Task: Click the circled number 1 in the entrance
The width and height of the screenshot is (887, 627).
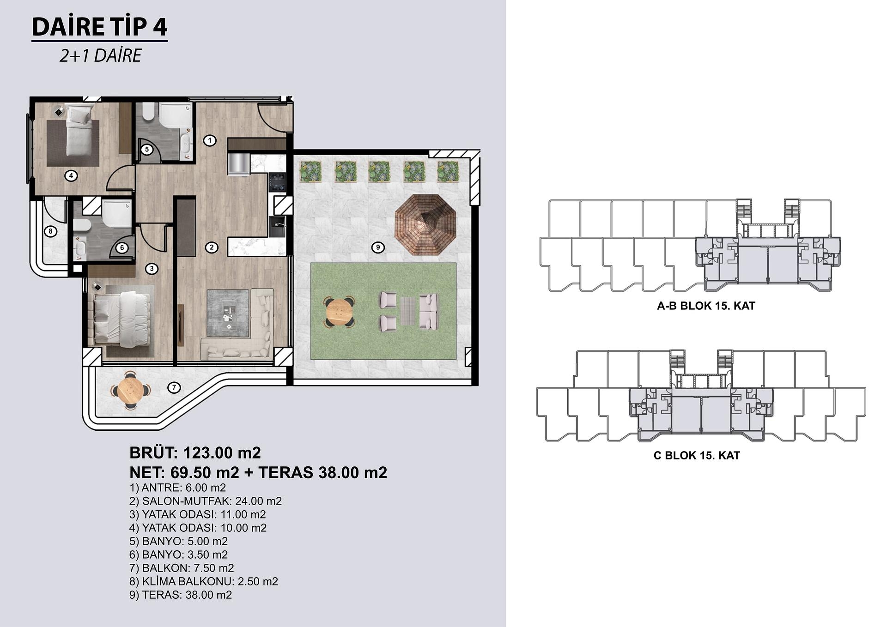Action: pos(210,140)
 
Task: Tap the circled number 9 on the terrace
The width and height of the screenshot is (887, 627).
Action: pos(378,247)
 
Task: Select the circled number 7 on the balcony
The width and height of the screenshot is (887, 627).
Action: pos(174,387)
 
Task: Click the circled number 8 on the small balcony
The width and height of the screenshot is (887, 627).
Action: pos(50,231)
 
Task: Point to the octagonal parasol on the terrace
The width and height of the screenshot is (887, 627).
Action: pos(425,225)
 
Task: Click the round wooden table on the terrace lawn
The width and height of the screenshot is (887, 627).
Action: pos(340,313)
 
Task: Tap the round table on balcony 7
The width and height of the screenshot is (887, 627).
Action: pos(131,390)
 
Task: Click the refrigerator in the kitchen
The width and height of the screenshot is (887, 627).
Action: pos(238,164)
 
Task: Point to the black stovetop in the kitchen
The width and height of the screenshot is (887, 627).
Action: pos(278,181)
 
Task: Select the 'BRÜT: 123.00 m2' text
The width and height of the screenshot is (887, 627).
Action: pos(195,453)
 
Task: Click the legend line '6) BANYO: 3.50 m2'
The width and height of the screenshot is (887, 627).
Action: pos(178,555)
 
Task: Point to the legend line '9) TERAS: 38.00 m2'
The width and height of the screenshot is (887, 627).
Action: pos(181,595)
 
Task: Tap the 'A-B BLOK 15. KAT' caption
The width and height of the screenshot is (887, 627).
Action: pos(706,306)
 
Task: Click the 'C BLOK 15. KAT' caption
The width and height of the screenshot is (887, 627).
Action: pos(697,456)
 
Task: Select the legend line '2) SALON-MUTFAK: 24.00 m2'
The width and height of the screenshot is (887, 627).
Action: pos(206,501)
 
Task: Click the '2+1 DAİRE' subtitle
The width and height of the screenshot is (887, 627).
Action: pos(100,55)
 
